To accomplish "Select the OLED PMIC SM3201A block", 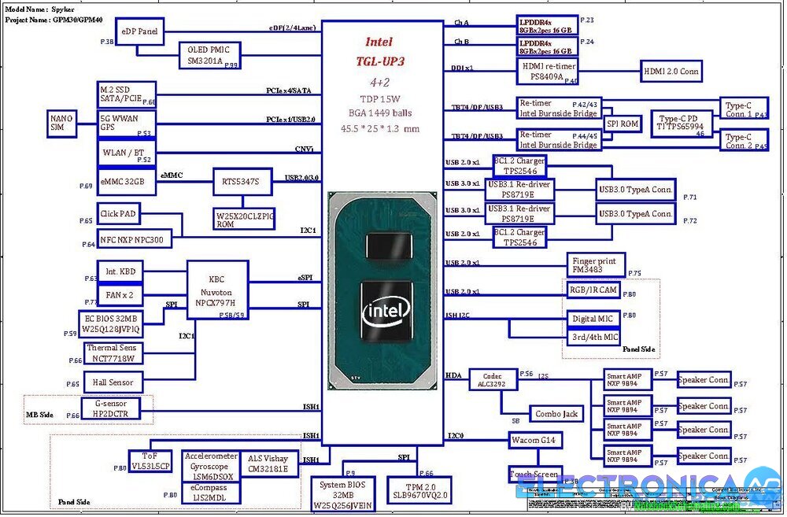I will (x=209, y=55).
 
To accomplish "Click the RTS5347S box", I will (x=242, y=182).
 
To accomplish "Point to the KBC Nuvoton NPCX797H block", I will (x=216, y=290).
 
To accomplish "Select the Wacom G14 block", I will (x=536, y=441).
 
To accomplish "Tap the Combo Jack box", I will (x=556, y=414).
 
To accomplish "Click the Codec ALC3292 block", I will (x=492, y=380).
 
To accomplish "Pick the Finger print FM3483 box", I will (x=596, y=264).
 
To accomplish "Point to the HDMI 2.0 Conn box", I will (x=671, y=71).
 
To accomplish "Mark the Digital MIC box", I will (x=592, y=319).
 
